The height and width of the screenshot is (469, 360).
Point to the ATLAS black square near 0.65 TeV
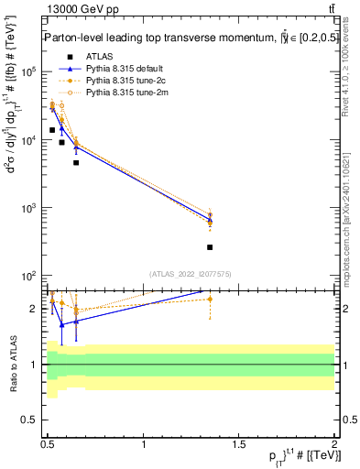[x=76, y=163]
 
